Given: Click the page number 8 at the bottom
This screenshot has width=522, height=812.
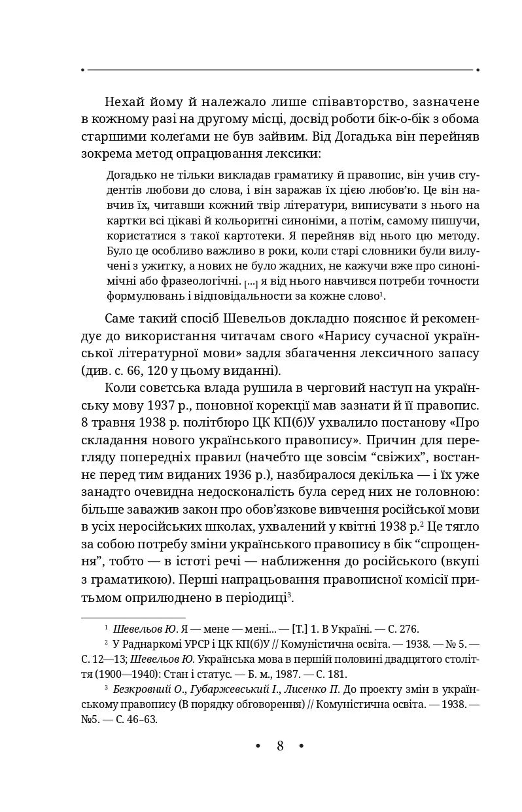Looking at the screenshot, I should [x=280, y=746].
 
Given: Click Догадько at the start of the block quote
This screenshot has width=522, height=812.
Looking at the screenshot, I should [x=129, y=175].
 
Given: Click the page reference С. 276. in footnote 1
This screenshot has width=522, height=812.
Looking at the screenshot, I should [x=401, y=629].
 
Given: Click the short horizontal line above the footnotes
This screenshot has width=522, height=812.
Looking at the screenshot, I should [x=133, y=617].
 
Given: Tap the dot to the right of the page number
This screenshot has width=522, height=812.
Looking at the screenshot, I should [x=302, y=746].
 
